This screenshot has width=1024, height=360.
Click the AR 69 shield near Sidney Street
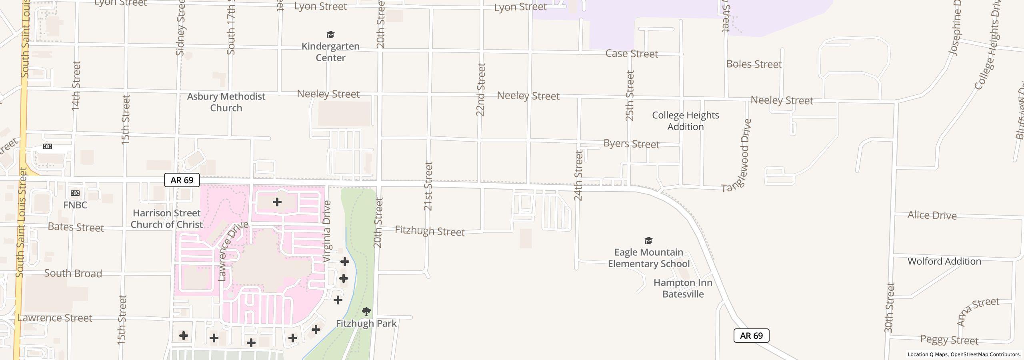(x=182, y=180)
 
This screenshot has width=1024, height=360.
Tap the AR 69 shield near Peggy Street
(x=751, y=336)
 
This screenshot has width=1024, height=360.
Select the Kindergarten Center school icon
(x=330, y=35)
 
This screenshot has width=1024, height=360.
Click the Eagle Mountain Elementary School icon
(x=648, y=240)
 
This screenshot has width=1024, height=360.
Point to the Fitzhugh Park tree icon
(x=366, y=311)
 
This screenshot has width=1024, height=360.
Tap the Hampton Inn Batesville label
(x=683, y=288)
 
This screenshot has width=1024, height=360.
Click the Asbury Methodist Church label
(x=226, y=102)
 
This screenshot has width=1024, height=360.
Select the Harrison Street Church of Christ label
(x=166, y=219)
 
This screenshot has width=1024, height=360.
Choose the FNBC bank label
(x=75, y=205)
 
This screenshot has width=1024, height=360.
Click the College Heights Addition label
(x=685, y=121)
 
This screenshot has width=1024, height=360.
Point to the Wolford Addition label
(x=944, y=261)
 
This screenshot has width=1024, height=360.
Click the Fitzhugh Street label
(x=430, y=231)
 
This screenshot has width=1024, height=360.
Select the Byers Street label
(x=631, y=144)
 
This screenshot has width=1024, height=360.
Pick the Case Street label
(x=632, y=54)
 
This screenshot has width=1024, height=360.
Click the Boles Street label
(x=754, y=64)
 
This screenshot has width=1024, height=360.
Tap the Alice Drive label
(x=932, y=215)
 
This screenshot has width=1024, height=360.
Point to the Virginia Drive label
(x=327, y=232)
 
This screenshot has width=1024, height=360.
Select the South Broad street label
(x=73, y=273)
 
